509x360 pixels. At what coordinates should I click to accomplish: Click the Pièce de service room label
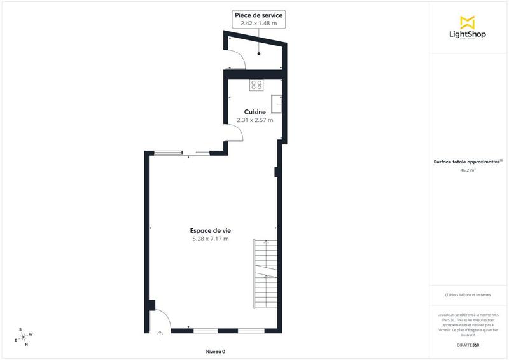coord(259,15)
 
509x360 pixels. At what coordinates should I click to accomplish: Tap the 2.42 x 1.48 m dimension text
coord(259,23)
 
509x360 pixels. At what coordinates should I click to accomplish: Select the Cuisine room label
coord(254,111)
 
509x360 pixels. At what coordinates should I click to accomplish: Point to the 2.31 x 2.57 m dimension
coord(254,120)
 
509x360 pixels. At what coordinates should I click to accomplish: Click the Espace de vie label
coord(210,230)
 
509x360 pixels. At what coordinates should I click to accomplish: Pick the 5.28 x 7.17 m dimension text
coord(210,239)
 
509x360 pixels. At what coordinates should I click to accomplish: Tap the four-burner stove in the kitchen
coord(256,84)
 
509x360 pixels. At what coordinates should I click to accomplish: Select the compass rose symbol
coord(24,336)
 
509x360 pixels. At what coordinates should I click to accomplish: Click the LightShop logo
coord(467,28)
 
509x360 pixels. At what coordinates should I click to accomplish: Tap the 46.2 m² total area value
coord(467,170)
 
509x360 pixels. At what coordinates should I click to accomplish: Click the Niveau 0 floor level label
coord(215,352)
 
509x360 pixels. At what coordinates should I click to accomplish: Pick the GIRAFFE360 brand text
coord(467,344)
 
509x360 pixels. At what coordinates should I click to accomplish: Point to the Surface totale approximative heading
coord(467,162)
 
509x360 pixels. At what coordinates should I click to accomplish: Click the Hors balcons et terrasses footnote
coord(467,295)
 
